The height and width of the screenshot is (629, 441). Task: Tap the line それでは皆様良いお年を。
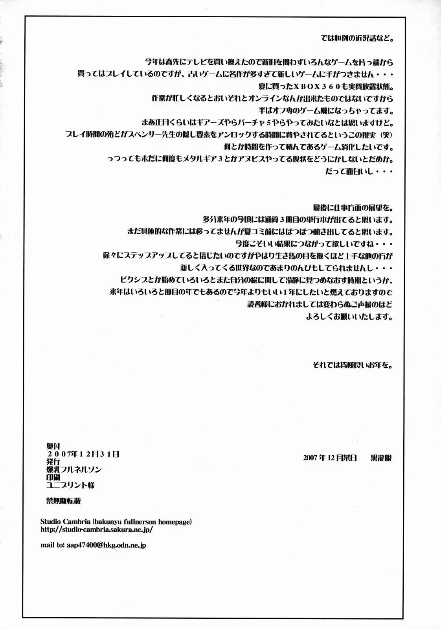point(353,365)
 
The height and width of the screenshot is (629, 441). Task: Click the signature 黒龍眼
point(381,458)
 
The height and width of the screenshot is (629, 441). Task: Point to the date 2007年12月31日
point(83,454)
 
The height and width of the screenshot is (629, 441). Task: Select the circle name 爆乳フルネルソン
point(74,469)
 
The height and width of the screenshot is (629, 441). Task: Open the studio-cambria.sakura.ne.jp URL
point(96,530)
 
